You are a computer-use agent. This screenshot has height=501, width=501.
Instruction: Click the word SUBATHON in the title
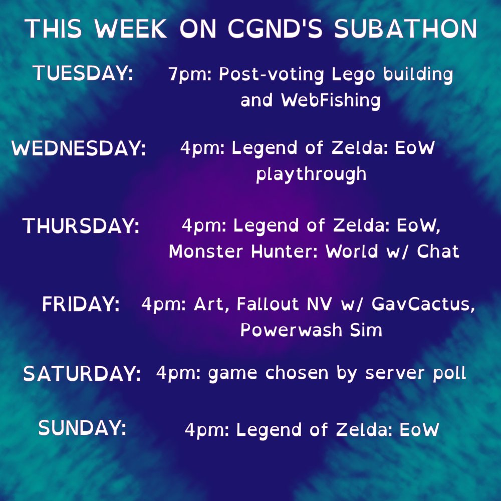pos(406,30)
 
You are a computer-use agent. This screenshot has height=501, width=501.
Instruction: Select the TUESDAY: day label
pos(83,74)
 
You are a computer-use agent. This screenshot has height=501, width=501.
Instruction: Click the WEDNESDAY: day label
pos(79,149)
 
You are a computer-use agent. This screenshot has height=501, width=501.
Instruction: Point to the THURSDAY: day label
pos(81,226)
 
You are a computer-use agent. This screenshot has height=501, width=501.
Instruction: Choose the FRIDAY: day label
pos(81,305)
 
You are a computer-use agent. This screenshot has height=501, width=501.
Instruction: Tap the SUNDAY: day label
pos(82,428)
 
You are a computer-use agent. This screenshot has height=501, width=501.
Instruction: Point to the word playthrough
pos(311,175)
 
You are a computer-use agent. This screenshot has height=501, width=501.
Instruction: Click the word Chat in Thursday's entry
pos(436,252)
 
